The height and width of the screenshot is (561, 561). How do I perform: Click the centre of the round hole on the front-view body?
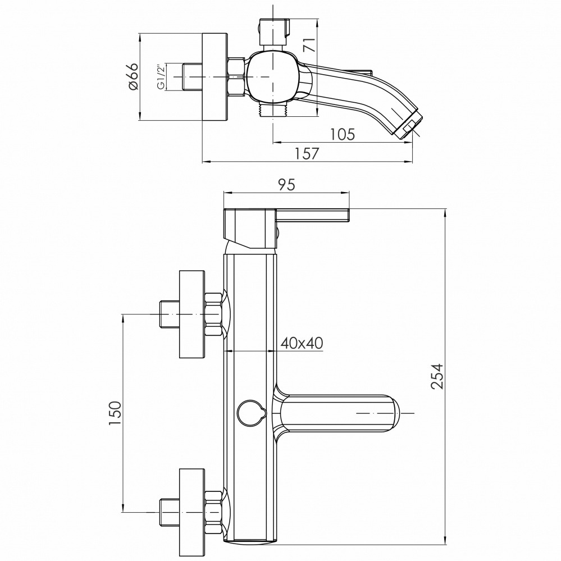(x=249, y=412)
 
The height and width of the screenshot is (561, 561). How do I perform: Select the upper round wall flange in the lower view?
(x=191, y=314)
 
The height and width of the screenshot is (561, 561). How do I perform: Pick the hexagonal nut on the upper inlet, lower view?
(x=213, y=314)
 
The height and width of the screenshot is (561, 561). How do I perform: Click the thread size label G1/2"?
(x=161, y=77)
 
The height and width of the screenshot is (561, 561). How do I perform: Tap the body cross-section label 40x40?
(x=302, y=343)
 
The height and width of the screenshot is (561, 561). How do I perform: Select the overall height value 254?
(x=437, y=376)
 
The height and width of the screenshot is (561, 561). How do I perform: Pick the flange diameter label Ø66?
(x=132, y=76)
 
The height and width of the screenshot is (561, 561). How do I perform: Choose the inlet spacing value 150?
(x=115, y=413)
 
